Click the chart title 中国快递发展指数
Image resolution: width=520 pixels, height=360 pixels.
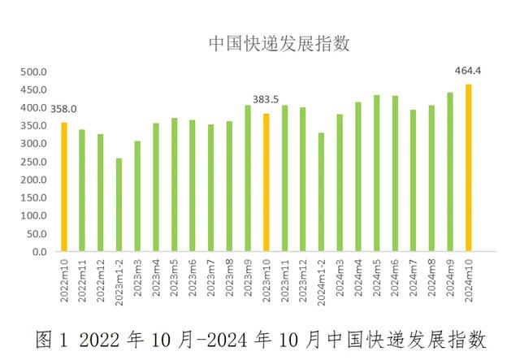coord(279,43)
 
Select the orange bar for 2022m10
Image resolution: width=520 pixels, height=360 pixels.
coord(63,187)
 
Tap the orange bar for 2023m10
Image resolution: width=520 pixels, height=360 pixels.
coord(266,183)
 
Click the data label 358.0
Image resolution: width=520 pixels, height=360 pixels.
coord(63,109)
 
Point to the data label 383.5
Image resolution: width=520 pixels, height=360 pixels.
coord(266,99)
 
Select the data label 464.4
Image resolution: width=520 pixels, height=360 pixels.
coord(468,71)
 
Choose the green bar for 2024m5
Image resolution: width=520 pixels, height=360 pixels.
coord(376,173)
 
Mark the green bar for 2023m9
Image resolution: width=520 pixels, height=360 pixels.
coord(248,178)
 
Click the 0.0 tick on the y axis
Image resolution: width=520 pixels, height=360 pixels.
coord(39,252)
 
